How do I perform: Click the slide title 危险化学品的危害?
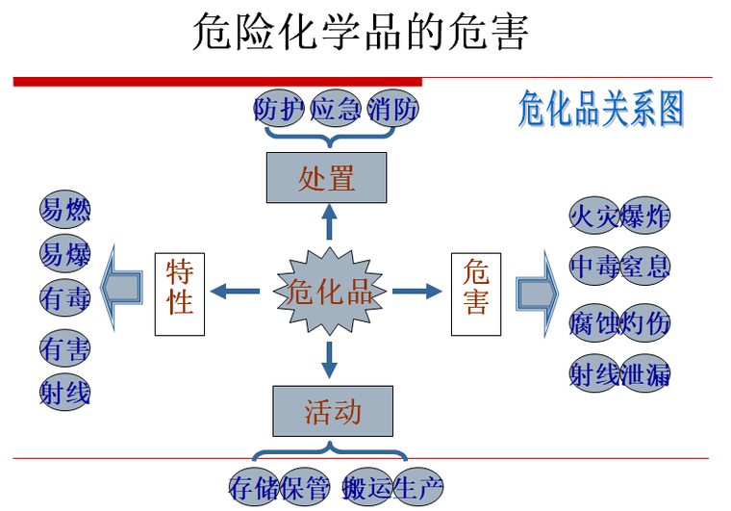[x=361, y=31]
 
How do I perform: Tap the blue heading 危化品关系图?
[x=600, y=110]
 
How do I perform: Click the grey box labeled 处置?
[x=326, y=178]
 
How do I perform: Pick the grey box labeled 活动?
[x=332, y=412]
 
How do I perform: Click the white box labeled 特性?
[x=180, y=293]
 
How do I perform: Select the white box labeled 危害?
[x=475, y=293]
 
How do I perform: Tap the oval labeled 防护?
[x=279, y=109]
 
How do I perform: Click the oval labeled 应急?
[x=335, y=109]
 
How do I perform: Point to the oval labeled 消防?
[x=392, y=109]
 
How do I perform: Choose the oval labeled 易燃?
[x=65, y=208]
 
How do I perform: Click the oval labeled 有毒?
[x=65, y=298]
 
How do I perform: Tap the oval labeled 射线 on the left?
[x=65, y=392]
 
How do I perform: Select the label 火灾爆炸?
[x=618, y=216]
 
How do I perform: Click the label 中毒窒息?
[x=618, y=266]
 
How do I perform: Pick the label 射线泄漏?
[x=618, y=374]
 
